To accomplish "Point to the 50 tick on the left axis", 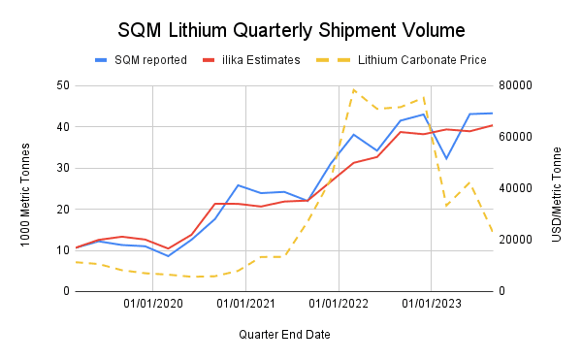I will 62,85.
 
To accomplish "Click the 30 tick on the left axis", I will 62,168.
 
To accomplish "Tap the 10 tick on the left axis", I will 62,250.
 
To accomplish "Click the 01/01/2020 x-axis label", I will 153,305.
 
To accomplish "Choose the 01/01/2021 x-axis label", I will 245,305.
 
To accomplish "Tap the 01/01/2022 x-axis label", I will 339,305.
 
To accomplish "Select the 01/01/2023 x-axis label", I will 431,305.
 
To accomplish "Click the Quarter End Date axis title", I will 284,335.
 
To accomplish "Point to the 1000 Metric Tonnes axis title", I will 26,188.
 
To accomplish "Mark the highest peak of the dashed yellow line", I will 353,89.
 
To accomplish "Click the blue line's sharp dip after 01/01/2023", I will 446,158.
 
